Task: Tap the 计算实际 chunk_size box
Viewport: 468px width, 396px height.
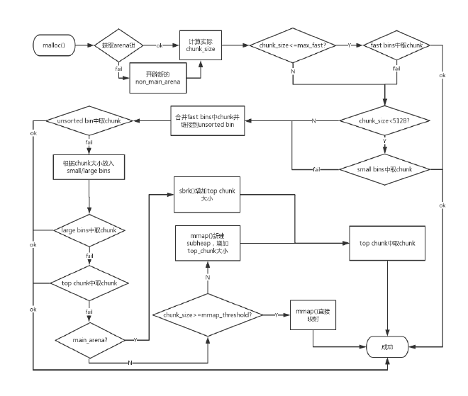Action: click(x=201, y=45)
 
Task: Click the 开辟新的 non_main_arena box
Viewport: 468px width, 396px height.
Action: click(x=159, y=77)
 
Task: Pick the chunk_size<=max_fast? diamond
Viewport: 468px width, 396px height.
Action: click(x=291, y=45)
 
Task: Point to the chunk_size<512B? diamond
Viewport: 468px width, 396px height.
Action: click(x=385, y=121)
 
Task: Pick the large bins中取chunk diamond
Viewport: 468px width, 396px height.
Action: click(x=89, y=231)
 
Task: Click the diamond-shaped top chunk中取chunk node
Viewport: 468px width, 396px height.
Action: click(x=89, y=282)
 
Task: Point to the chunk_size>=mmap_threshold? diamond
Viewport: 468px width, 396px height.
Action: click(x=208, y=314)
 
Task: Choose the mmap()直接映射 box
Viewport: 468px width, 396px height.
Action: click(x=313, y=314)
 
